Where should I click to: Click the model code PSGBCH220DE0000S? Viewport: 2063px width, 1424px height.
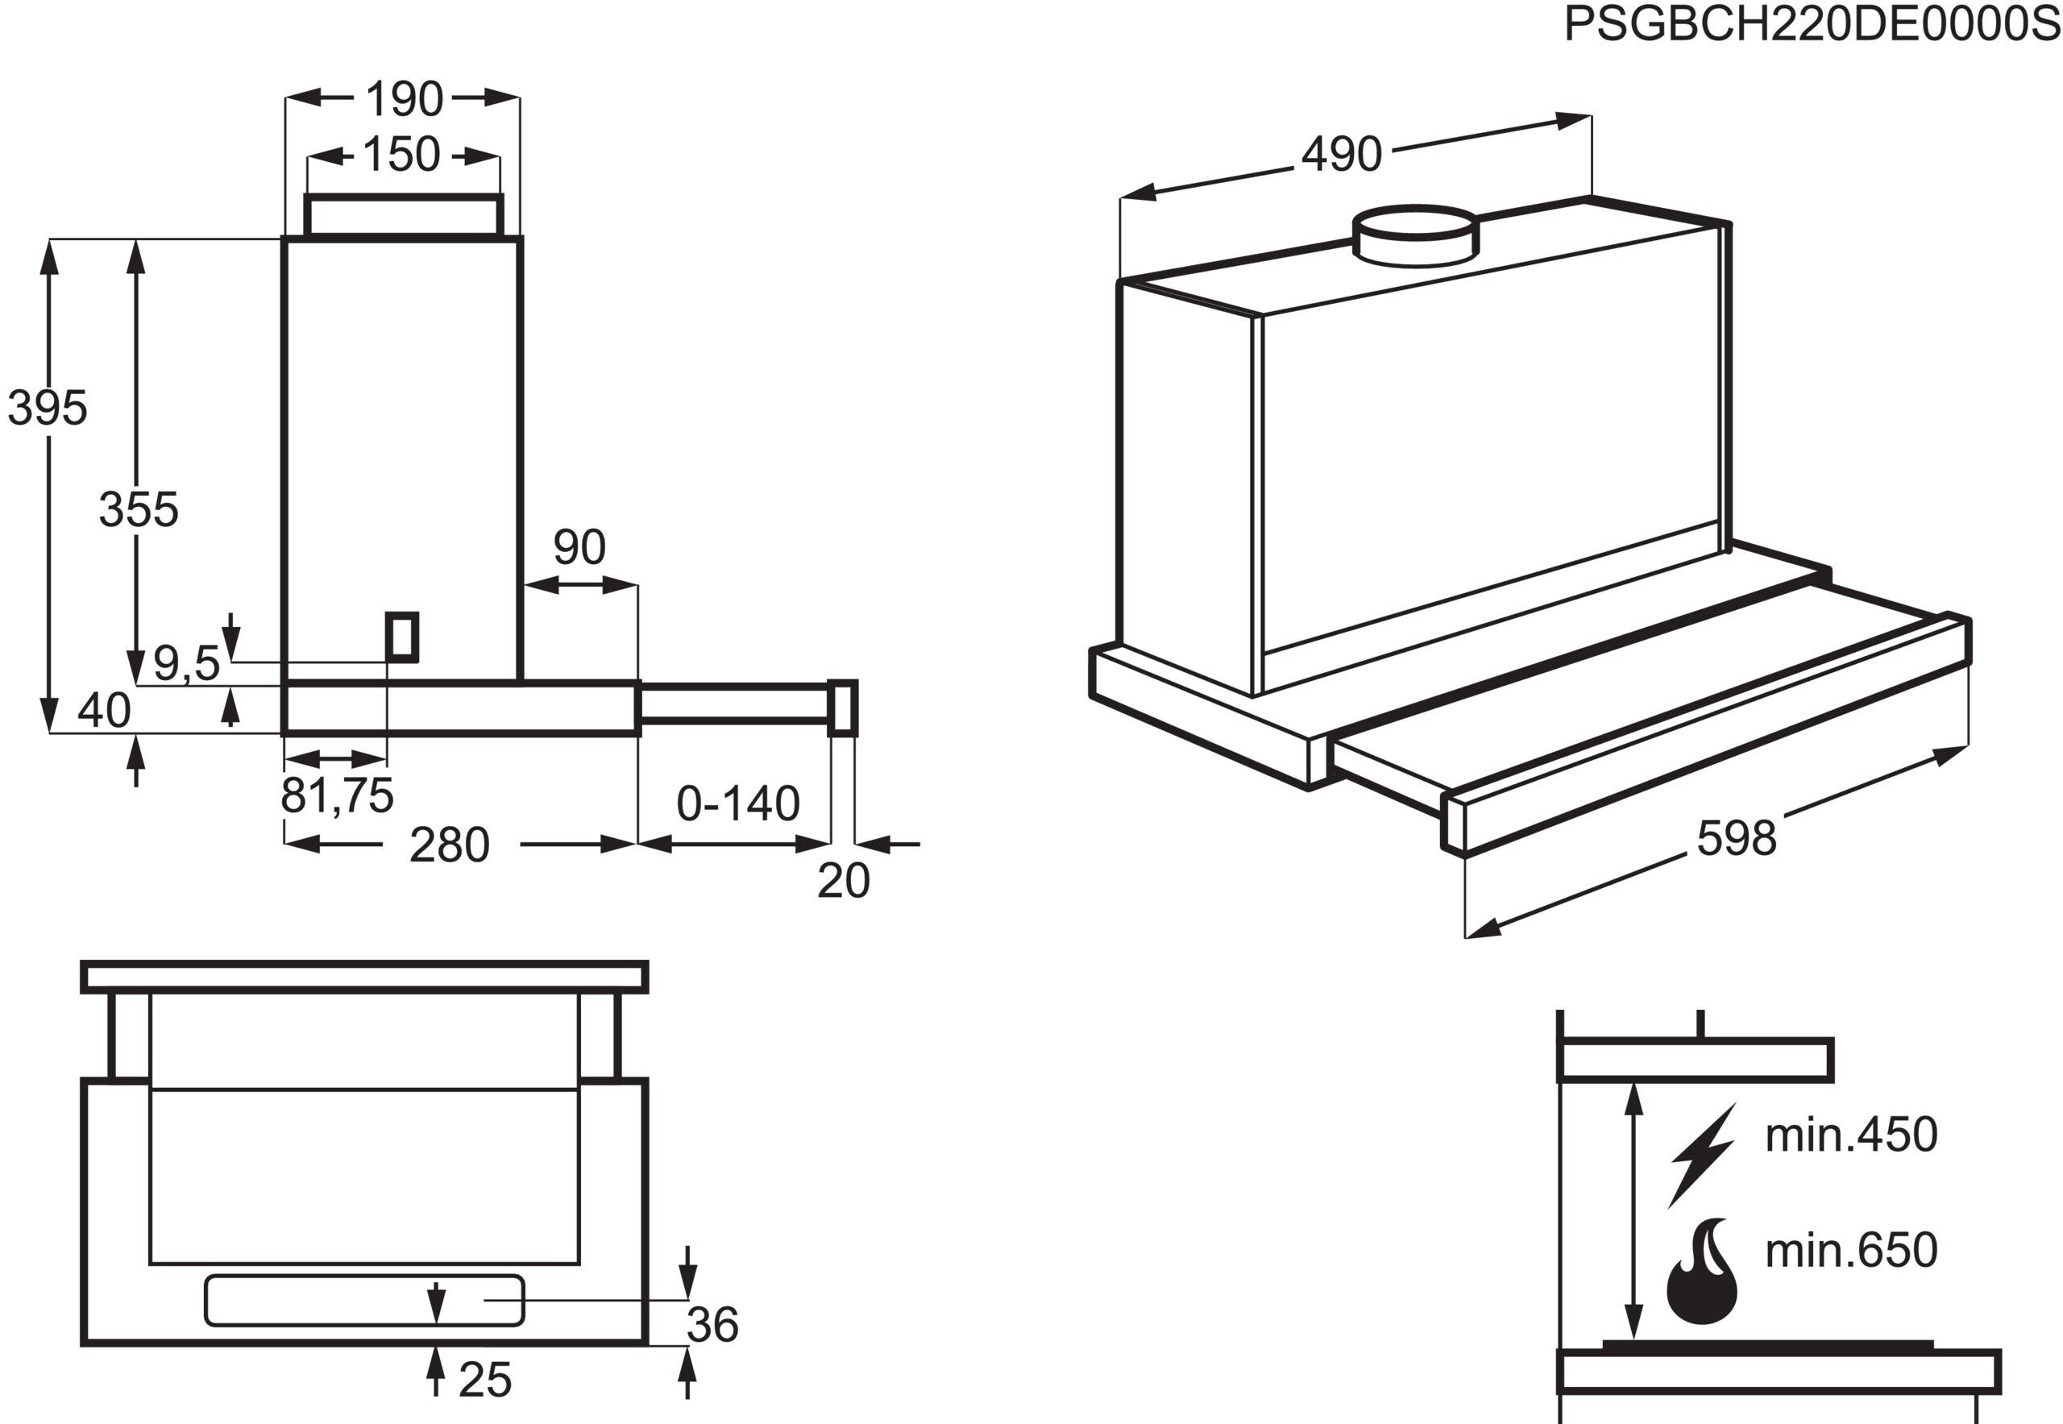pyautogui.click(x=1812, y=25)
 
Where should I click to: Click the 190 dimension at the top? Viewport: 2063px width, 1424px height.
pyautogui.click(x=403, y=99)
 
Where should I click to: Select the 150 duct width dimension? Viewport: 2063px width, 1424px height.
pyautogui.click(x=401, y=155)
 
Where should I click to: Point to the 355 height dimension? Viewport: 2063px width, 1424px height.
pyautogui.click(x=139, y=509)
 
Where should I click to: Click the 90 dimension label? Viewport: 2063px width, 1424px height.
pyautogui.click(x=579, y=547)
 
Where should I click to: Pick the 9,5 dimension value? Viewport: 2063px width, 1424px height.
pyautogui.click(x=186, y=663)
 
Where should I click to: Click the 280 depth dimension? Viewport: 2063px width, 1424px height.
pyautogui.click(x=449, y=844)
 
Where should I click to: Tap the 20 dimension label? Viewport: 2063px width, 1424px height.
pyautogui.click(x=842, y=881)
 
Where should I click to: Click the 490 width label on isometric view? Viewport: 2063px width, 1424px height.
pyautogui.click(x=1340, y=155)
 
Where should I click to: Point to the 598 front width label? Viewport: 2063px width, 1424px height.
pyautogui.click(x=1736, y=839)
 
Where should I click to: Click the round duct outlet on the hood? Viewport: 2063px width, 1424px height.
pyautogui.click(x=1416, y=236)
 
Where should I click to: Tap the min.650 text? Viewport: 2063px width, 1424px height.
pyautogui.click(x=1850, y=1250)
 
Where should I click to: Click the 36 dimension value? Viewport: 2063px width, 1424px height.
pyautogui.click(x=712, y=1324)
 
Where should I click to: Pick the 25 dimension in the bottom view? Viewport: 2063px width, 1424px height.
pyautogui.click(x=484, y=1380)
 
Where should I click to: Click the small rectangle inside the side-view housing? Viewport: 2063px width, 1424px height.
pyautogui.click(x=401, y=637)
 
